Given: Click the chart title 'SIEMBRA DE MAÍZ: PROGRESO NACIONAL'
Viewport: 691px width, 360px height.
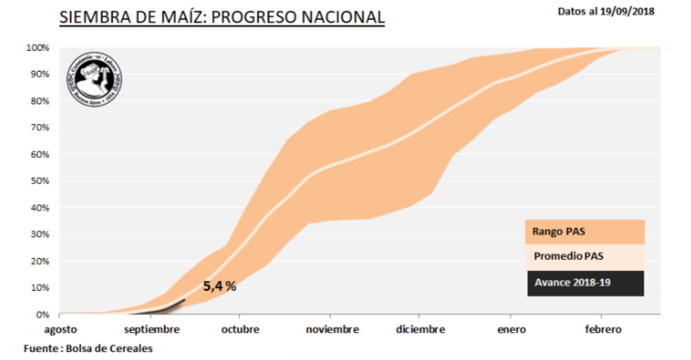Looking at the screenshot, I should click(222, 17).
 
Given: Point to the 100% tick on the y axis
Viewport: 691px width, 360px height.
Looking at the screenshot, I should click(37, 47).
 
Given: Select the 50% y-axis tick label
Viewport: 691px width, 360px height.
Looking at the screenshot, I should click(40, 181).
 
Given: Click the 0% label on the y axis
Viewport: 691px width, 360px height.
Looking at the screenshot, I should click(42, 315).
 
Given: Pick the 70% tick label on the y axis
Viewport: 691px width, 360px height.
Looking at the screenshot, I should click(40, 128).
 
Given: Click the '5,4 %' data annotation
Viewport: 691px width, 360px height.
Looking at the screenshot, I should click(219, 286).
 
